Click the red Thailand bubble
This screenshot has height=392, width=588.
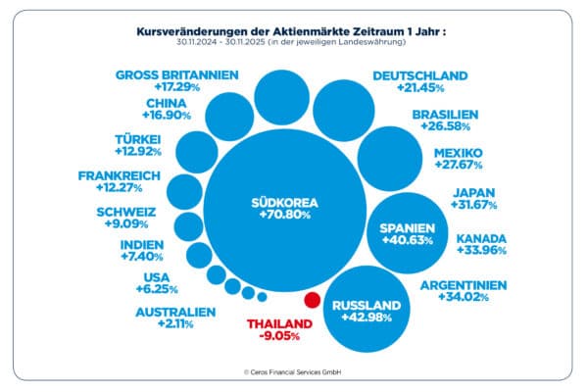click(313, 301)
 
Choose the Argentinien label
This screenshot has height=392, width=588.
click(464, 285)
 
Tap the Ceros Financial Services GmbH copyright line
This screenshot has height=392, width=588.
click(293, 373)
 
